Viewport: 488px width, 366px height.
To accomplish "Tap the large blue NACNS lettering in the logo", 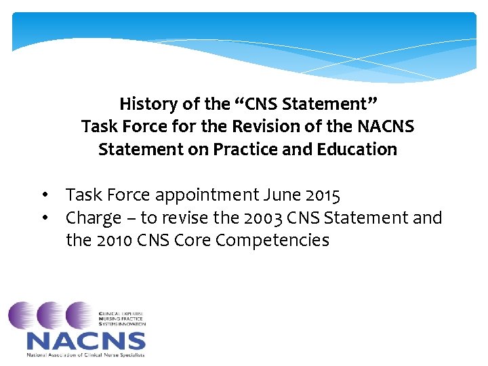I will (x=86, y=340).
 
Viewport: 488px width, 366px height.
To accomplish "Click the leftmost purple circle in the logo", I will (x=24, y=316).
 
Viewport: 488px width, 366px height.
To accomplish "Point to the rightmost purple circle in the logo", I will (x=82, y=316).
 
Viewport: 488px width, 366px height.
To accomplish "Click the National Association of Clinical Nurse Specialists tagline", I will (x=85, y=354).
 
